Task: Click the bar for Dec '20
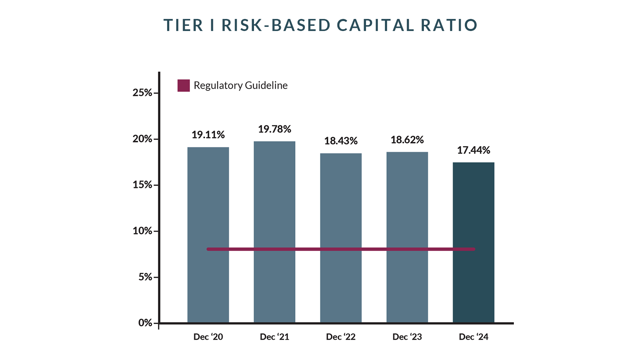[208, 207]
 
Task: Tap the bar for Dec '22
[341, 207]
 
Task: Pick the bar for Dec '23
[407, 207]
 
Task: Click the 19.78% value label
[274, 129]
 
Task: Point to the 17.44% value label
[474, 150]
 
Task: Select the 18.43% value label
[341, 141]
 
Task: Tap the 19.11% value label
[208, 135]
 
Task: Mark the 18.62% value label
[407, 140]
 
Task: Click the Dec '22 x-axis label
[341, 337]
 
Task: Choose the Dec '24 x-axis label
[474, 337]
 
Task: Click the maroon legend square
[184, 85]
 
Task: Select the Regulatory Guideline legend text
[241, 85]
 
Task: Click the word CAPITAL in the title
[375, 25]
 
